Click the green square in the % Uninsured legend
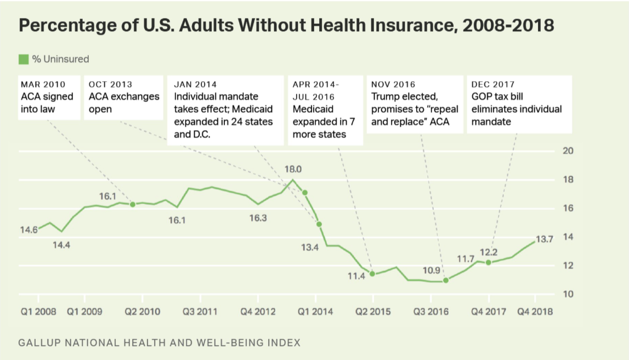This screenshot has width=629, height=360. coord(24,59)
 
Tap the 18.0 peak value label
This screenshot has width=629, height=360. coord(292,169)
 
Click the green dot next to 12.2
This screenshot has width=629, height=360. coord(489,262)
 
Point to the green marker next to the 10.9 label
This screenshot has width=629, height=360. coord(446,280)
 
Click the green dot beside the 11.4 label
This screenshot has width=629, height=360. coord(372,274)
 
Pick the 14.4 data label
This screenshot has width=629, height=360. coord(61,245)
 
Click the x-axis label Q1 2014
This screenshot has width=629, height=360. coord(315,312)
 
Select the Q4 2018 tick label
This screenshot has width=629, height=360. coord(535,312)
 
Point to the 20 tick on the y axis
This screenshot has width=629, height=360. coord(569,151)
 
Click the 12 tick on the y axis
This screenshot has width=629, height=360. coord(569,266)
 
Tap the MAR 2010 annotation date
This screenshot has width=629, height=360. coord(43,85)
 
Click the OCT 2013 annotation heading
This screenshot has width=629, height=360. coord(110,85)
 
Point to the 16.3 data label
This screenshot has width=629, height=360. coord(258,218)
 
